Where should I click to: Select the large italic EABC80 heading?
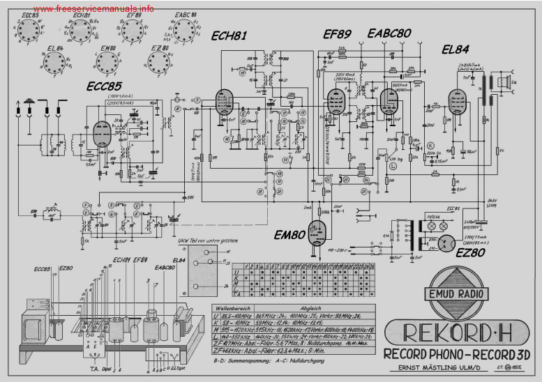389,33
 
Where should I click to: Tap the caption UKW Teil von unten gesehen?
209,241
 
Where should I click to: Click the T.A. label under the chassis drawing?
93,369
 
